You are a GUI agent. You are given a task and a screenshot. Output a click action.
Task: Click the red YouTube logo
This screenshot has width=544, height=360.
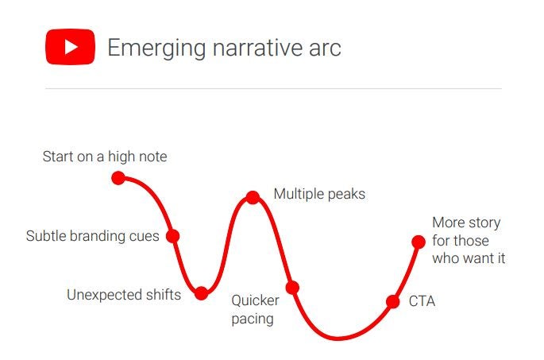[x=70, y=47]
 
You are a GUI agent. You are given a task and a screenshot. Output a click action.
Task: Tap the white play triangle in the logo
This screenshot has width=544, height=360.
[x=71, y=47]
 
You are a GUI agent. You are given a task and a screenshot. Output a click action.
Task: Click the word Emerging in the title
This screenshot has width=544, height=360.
[x=156, y=48]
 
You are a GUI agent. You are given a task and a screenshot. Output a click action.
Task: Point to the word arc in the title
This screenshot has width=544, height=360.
[x=325, y=49]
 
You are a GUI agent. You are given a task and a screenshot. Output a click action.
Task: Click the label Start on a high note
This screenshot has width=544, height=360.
[x=105, y=157]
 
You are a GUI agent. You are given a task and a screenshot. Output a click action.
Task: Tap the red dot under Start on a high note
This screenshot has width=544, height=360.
[x=118, y=178]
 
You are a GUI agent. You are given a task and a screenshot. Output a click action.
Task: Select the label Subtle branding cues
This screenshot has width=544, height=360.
[x=93, y=236]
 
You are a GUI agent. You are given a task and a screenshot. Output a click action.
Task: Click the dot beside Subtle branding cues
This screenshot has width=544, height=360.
[x=173, y=236]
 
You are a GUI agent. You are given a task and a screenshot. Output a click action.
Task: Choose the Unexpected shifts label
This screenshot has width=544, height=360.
[x=124, y=295]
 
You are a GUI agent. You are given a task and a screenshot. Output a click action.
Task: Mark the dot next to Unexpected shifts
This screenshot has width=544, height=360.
[x=201, y=293]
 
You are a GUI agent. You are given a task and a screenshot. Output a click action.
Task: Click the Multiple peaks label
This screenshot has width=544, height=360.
[x=319, y=194]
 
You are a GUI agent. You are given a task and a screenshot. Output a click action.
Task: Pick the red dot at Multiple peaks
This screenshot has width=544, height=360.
[x=253, y=198]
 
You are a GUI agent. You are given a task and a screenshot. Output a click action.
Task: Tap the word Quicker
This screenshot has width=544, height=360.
[x=256, y=300]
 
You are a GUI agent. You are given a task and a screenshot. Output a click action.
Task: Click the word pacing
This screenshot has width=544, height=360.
[x=253, y=319]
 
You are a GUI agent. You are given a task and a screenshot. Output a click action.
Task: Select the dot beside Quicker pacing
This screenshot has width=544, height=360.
[x=292, y=288]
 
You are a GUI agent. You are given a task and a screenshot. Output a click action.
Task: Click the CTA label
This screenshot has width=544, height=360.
[x=422, y=301]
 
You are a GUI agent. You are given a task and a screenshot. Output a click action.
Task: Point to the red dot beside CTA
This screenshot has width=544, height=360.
[x=393, y=302]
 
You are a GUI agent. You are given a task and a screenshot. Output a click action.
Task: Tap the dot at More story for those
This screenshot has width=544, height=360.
[x=419, y=242]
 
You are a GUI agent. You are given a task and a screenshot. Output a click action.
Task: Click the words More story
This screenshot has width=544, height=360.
[x=466, y=223]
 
